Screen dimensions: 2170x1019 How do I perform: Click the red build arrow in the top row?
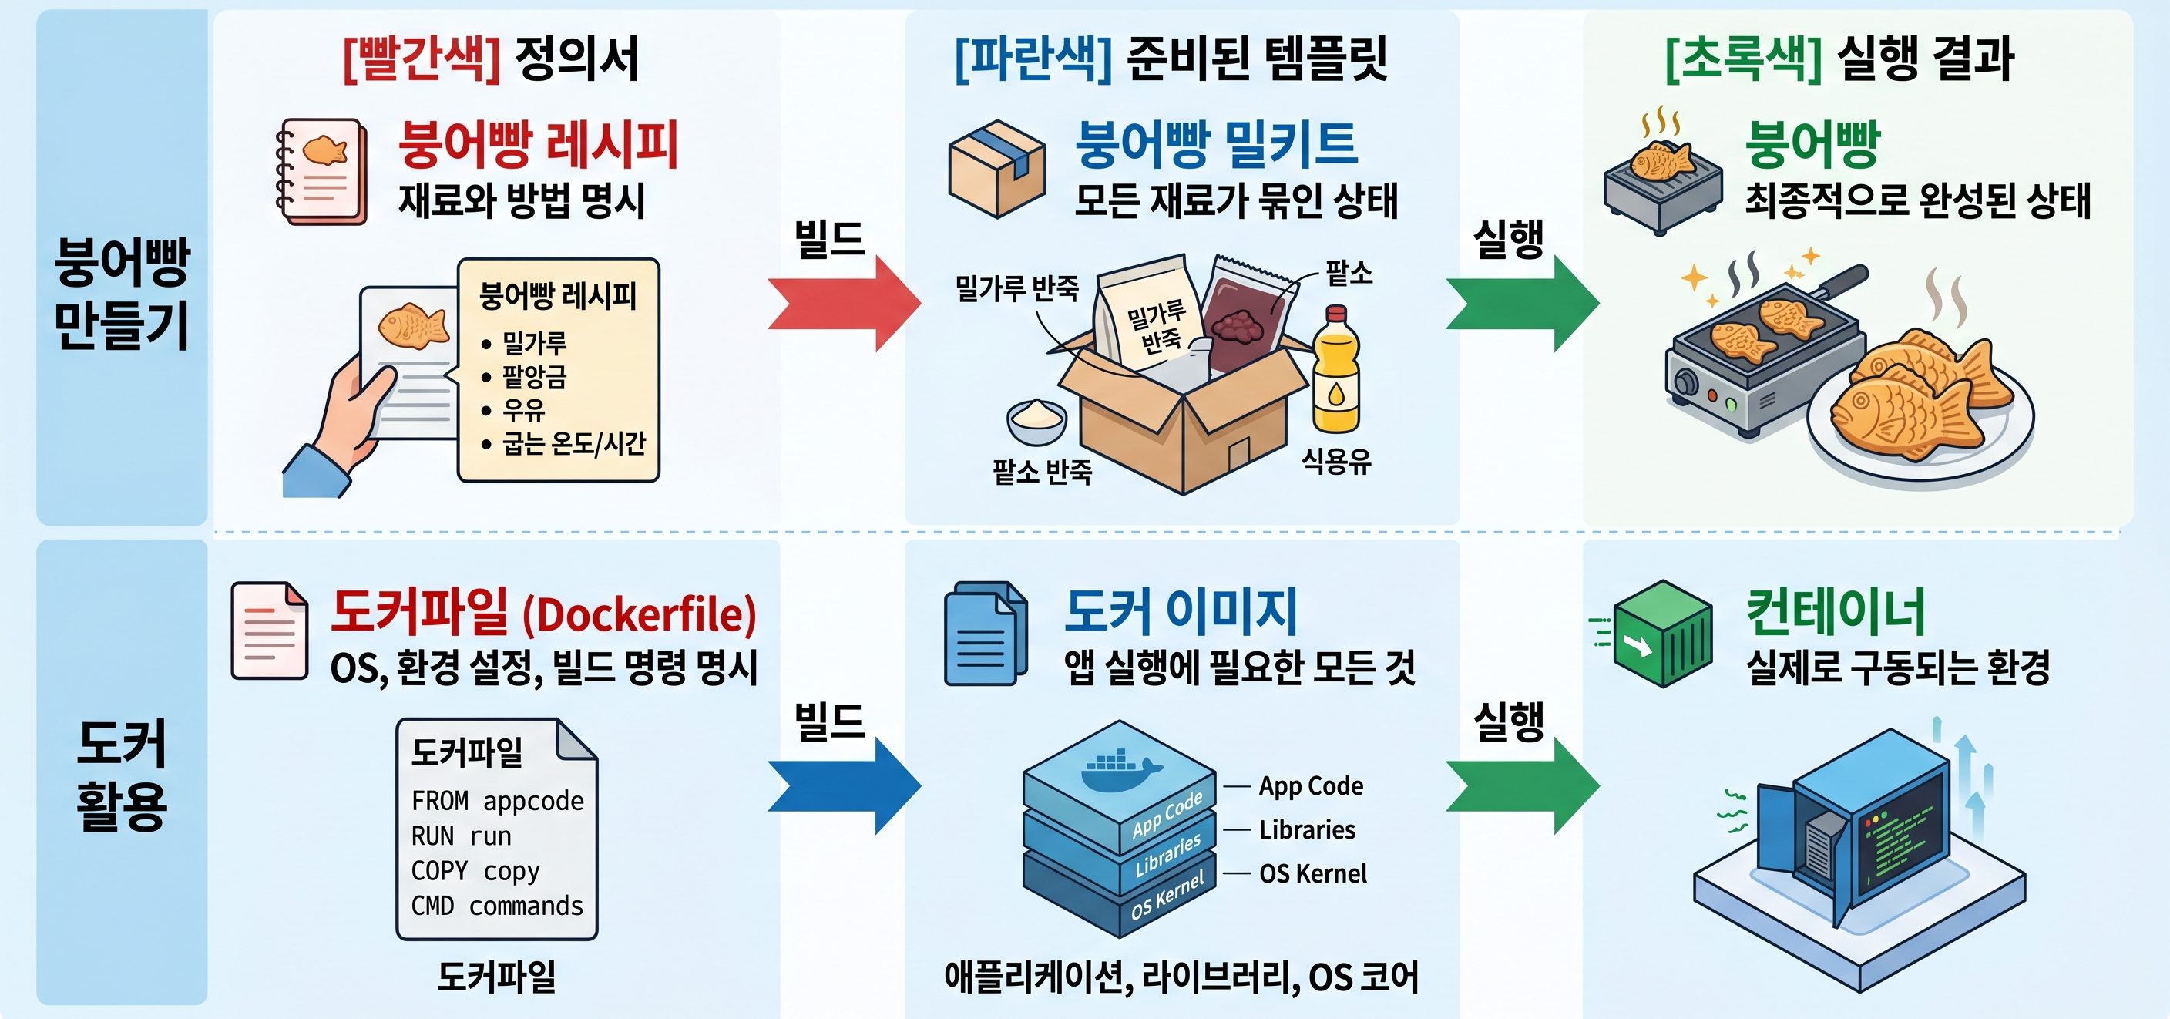(x=845, y=304)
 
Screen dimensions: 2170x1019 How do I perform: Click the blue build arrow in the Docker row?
(x=845, y=785)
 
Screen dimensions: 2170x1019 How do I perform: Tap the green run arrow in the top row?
(x=1523, y=304)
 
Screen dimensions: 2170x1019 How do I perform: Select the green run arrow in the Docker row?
(x=1523, y=785)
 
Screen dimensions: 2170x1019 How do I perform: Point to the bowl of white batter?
(x=1037, y=421)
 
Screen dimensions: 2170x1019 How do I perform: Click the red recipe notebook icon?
(x=322, y=172)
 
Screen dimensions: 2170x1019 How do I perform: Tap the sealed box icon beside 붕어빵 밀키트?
(x=997, y=169)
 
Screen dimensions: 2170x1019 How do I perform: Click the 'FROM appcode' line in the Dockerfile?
(x=497, y=801)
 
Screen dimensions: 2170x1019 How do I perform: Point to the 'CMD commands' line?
(x=497, y=906)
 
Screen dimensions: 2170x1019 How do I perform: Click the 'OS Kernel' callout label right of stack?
(x=1312, y=874)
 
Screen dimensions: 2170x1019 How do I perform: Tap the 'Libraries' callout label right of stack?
(x=1308, y=830)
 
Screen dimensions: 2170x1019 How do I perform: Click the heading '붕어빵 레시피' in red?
(x=539, y=145)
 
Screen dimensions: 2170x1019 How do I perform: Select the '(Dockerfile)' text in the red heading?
(x=640, y=615)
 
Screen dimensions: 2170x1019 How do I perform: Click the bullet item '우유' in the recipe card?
(x=523, y=411)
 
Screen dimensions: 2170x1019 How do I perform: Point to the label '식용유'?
(x=1336, y=461)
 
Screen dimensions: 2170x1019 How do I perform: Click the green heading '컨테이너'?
(x=1836, y=612)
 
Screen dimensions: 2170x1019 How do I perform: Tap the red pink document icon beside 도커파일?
(x=270, y=631)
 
